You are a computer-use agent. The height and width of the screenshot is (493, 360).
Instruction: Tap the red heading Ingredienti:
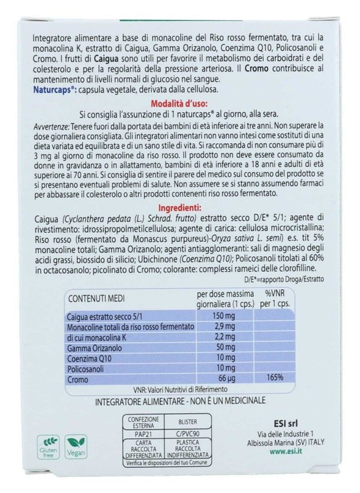click(x=180, y=209)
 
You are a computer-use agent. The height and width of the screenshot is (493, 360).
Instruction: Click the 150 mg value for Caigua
click(x=208, y=316)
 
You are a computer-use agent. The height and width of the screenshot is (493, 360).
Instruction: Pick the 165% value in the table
click(x=275, y=379)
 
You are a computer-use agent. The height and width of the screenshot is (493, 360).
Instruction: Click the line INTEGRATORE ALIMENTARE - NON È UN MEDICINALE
click(x=179, y=401)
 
